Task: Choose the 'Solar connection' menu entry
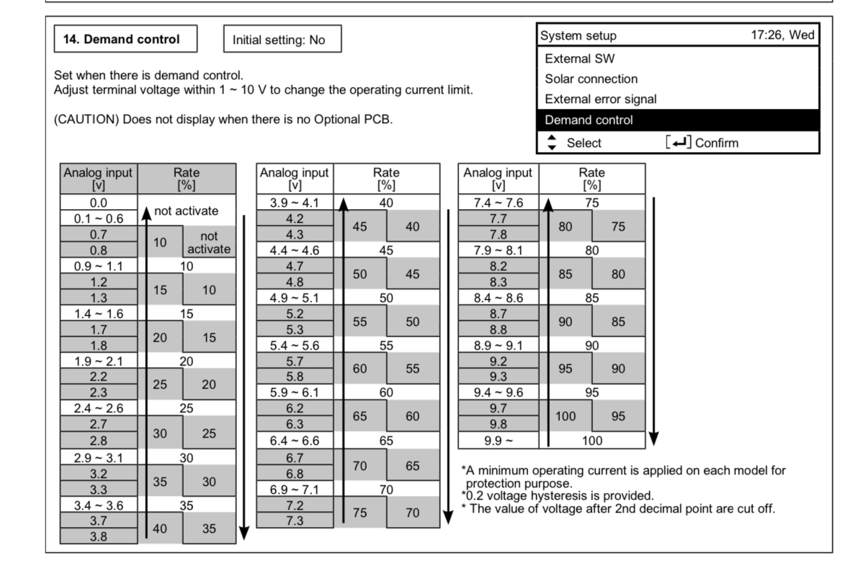(x=592, y=79)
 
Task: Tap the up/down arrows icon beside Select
(x=551, y=143)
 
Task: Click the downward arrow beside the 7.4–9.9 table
(x=654, y=317)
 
